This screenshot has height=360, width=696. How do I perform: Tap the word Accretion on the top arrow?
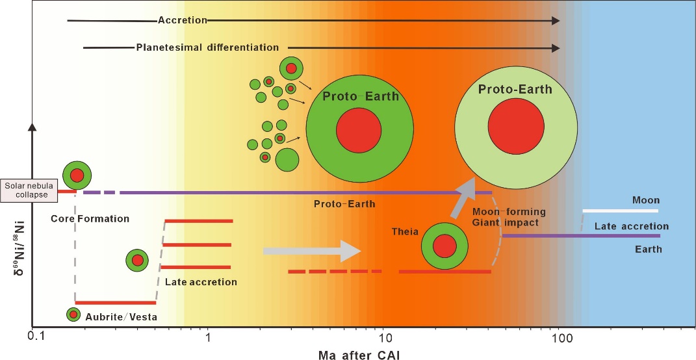click(x=183, y=20)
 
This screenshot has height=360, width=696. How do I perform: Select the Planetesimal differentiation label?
click(x=208, y=47)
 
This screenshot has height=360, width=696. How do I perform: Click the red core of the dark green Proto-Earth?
click(x=359, y=130)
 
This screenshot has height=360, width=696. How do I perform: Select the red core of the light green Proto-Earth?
click(x=516, y=126)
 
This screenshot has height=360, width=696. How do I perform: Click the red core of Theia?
click(x=445, y=246)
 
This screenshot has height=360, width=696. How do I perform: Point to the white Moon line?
click(x=621, y=211)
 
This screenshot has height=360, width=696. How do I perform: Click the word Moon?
click(x=646, y=200)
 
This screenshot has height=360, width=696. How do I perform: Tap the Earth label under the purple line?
click(x=648, y=249)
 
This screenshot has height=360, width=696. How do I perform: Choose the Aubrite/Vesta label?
click(x=121, y=316)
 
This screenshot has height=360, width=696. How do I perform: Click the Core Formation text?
click(x=90, y=218)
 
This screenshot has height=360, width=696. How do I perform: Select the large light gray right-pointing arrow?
click(x=311, y=251)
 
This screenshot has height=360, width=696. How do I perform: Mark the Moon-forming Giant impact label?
click(x=509, y=217)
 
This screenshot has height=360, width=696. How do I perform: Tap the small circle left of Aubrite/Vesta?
click(x=73, y=315)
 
